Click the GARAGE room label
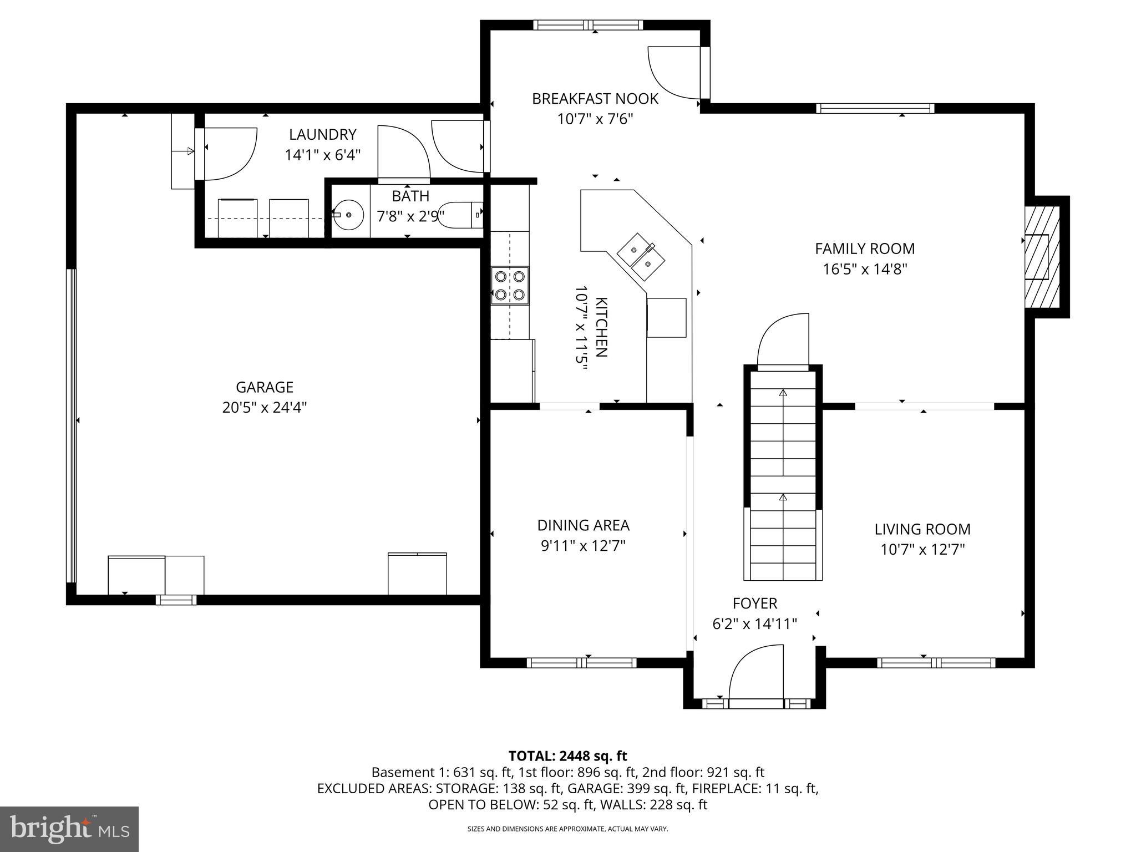(x=265, y=387)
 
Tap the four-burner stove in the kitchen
(x=510, y=285)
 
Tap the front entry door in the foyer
(x=755, y=678)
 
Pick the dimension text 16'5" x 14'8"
(x=864, y=270)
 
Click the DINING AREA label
(x=583, y=525)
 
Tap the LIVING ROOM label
(x=922, y=529)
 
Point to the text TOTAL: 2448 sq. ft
(x=567, y=755)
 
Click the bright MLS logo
(x=69, y=829)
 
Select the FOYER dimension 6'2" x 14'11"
(x=754, y=624)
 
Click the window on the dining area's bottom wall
(x=581, y=662)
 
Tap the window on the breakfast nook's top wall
(x=589, y=25)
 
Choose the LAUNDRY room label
(x=322, y=134)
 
